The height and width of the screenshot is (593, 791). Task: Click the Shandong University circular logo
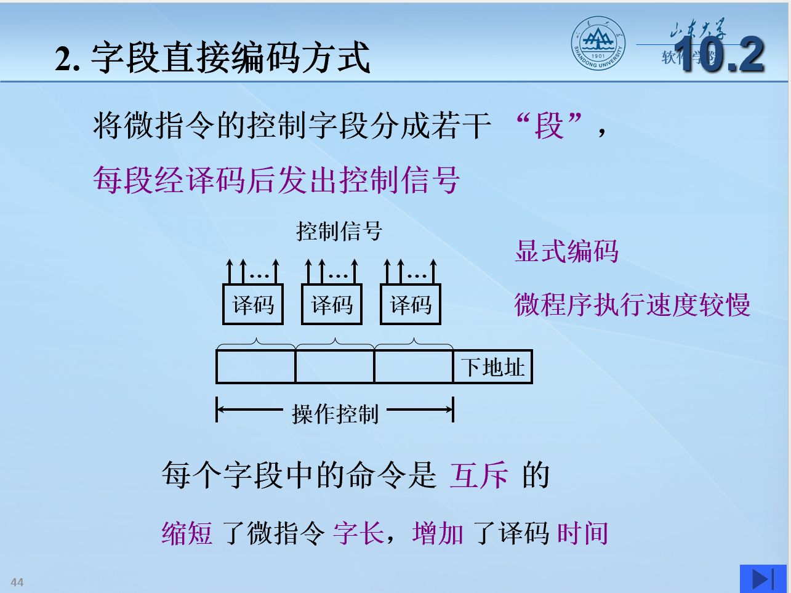click(597, 43)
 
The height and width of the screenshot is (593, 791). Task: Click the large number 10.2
click(719, 55)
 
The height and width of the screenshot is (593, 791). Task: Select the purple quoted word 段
click(549, 126)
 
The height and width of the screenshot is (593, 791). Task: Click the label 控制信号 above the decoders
click(339, 232)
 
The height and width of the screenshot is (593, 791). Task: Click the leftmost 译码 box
click(253, 304)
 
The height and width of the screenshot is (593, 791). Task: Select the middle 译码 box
click(332, 304)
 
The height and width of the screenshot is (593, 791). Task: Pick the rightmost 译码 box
click(411, 304)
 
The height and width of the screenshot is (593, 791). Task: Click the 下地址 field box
click(492, 367)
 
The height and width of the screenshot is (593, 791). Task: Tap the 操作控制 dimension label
click(335, 414)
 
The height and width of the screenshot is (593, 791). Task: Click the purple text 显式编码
click(566, 251)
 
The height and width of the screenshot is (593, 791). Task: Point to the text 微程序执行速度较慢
click(632, 305)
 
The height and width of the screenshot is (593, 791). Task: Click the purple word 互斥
click(479, 475)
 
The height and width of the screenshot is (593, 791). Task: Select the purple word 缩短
click(187, 533)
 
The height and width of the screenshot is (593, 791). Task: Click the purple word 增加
click(438, 533)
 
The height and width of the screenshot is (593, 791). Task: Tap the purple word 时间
click(582, 533)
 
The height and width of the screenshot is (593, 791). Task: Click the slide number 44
click(17, 582)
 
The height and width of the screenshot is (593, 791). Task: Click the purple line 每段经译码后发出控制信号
click(276, 180)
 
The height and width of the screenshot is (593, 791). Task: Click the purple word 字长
click(359, 533)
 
